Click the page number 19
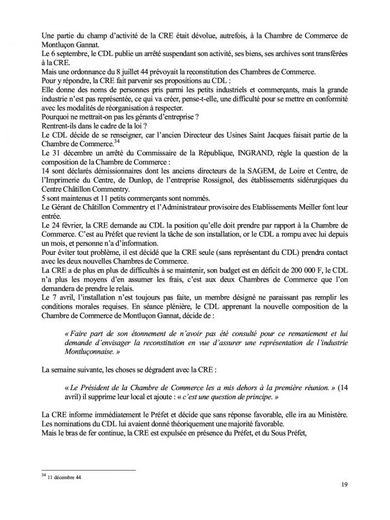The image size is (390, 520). [x=344, y=502]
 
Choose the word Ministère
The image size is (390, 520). [x=328, y=414]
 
